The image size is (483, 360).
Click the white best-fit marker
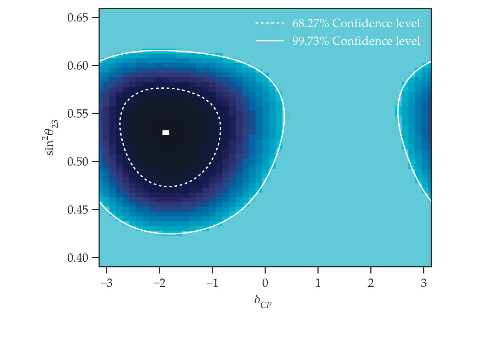[x=166, y=133]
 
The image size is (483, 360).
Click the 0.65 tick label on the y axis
[x=78, y=18]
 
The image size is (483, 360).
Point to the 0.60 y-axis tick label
[x=78, y=66]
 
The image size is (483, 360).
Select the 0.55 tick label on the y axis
[x=78, y=114]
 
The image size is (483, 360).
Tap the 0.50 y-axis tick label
[x=78, y=162]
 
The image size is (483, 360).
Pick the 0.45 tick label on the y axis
[x=78, y=209]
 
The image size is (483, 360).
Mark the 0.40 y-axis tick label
[x=78, y=258]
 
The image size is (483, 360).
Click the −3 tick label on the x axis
[x=106, y=283]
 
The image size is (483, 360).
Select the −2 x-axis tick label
[x=159, y=283]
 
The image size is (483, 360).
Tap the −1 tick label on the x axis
[x=212, y=283]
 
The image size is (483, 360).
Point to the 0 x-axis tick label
[x=265, y=283]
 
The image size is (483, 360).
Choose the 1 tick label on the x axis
[x=318, y=283]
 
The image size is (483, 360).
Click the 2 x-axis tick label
[x=371, y=283]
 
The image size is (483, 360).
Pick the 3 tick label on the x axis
[x=424, y=283]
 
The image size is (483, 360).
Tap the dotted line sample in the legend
[x=270, y=24]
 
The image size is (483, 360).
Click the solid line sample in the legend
[x=270, y=41]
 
